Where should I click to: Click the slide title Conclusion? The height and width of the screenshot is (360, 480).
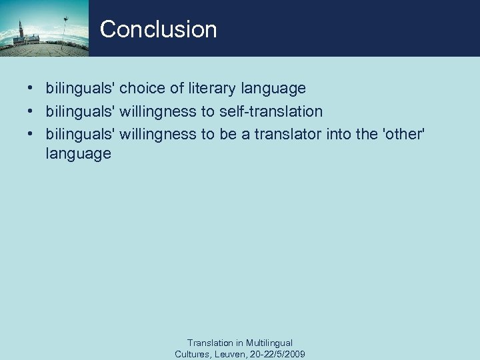pos(158,29)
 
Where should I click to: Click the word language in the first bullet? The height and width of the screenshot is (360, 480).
pos(273,89)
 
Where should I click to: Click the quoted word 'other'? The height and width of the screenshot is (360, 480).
pos(399,134)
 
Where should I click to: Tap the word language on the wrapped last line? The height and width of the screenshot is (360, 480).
pos(78,155)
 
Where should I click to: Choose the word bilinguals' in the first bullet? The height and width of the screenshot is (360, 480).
pos(80,88)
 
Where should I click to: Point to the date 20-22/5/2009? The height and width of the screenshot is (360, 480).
pos(278,354)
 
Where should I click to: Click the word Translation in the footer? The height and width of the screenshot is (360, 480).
pos(210,343)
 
